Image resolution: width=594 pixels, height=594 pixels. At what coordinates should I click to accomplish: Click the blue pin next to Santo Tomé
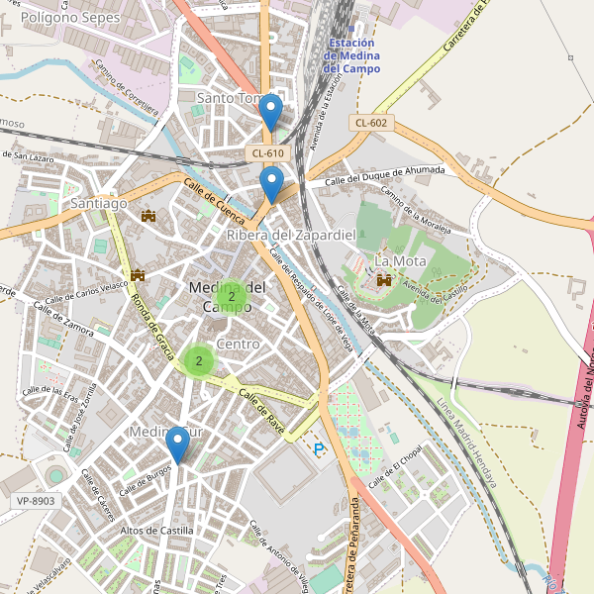pyautogui.click(x=269, y=112)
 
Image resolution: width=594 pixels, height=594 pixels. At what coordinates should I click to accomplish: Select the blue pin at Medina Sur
pyautogui.click(x=178, y=445)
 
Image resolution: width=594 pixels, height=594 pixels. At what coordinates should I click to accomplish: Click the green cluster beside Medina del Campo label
pyautogui.click(x=231, y=296)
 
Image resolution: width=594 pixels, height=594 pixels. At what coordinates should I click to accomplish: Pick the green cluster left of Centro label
pyautogui.click(x=199, y=361)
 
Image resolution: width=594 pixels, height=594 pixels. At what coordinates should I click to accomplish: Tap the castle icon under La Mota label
pyautogui.click(x=382, y=281)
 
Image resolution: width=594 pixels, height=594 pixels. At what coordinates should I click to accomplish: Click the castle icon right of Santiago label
pyautogui.click(x=149, y=215)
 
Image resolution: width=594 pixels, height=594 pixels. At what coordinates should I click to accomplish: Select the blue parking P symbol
pyautogui.click(x=319, y=449)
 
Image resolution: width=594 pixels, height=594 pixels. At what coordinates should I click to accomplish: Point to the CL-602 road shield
pyautogui.click(x=371, y=123)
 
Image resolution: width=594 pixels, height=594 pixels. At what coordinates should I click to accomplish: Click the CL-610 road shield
pyautogui.click(x=268, y=152)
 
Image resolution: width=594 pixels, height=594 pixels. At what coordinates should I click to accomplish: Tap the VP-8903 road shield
pyautogui.click(x=36, y=502)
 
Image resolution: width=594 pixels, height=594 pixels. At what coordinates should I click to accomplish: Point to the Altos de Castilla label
pyautogui.click(x=156, y=531)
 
